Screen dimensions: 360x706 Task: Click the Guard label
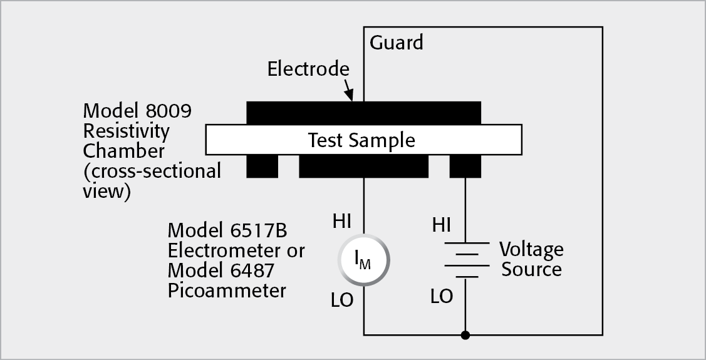(x=396, y=43)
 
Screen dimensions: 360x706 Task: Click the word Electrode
(x=308, y=68)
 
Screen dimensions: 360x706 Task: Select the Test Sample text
(x=361, y=140)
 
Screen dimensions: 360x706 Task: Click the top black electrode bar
(x=363, y=112)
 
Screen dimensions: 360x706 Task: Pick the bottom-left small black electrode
(x=262, y=166)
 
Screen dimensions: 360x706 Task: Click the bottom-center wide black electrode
(x=363, y=166)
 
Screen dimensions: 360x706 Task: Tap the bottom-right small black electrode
(x=465, y=166)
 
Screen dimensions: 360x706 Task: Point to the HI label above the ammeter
(x=341, y=221)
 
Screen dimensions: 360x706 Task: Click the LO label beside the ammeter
(x=341, y=301)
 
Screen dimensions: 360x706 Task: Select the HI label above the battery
(x=441, y=224)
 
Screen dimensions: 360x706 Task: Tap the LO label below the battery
(x=442, y=297)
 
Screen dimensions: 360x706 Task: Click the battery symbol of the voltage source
(x=464, y=260)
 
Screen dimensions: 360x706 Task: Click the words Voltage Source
(x=531, y=259)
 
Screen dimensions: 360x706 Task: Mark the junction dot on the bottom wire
(x=464, y=335)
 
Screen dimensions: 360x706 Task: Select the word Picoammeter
(x=226, y=291)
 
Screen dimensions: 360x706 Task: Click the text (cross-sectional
(x=152, y=171)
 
